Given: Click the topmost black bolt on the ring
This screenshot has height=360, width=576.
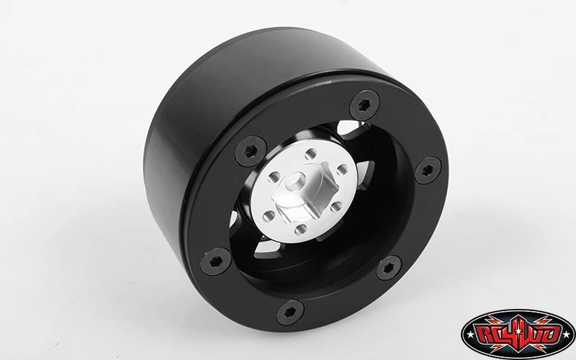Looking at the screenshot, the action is [x=364, y=105].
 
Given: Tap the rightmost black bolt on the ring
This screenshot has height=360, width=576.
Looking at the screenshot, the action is [x=428, y=170].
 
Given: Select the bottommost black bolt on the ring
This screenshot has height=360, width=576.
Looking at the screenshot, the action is [x=290, y=312].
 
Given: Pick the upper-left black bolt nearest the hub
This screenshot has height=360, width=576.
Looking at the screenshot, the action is [x=251, y=151].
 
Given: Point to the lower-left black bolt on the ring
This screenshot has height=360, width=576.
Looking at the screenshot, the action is [x=215, y=261].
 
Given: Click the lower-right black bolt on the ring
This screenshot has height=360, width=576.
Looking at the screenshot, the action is [x=389, y=268].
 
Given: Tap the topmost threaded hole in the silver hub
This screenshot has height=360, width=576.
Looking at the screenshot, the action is [x=311, y=154].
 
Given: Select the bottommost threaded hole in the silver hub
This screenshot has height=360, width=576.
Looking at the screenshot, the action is [x=300, y=230].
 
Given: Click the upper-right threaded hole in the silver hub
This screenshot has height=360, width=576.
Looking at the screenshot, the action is [x=342, y=170].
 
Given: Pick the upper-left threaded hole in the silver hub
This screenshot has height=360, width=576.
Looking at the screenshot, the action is [x=274, y=177].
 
